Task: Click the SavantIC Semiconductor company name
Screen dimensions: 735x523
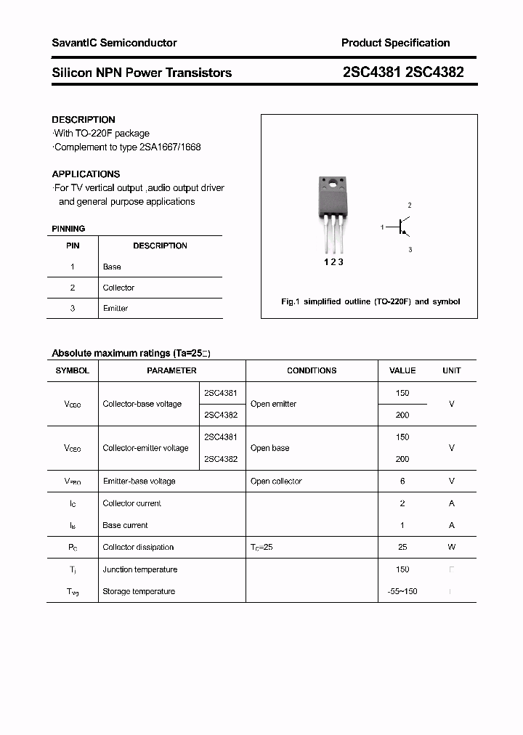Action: [114, 43]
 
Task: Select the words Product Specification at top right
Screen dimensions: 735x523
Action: [395, 43]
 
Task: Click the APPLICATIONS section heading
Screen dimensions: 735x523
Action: [86, 174]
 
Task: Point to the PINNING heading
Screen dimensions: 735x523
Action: [68, 229]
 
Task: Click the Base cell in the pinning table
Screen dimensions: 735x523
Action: [112, 267]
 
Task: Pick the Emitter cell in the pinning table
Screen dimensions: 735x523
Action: [115, 309]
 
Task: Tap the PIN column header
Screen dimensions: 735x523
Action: [73, 245]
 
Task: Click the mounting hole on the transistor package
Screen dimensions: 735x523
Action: [332, 184]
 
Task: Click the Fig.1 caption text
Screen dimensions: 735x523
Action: [370, 301]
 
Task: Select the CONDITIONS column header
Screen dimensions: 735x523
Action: [312, 370]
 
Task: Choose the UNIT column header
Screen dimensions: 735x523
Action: [451, 370]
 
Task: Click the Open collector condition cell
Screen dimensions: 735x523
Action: [276, 482]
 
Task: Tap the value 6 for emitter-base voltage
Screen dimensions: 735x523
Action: [402, 482]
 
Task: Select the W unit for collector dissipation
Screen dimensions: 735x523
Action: [451, 548]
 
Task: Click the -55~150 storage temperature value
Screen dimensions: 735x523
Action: [402, 591]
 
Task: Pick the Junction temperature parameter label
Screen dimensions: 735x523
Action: [139, 569]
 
